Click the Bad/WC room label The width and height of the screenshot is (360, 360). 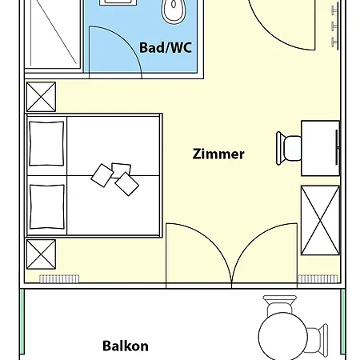pyautogui.click(x=166, y=48)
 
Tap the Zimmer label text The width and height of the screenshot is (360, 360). pyautogui.click(x=218, y=154)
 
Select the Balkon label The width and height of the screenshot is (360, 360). pyautogui.click(x=126, y=346)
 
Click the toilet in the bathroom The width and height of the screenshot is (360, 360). pyautogui.click(x=174, y=10)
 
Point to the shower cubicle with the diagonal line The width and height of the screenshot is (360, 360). pyautogui.click(x=53, y=34)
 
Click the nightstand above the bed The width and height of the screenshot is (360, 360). pyautogui.click(x=41, y=97)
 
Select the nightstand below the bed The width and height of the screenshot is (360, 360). pyautogui.click(x=41, y=254)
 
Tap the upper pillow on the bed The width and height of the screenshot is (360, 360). pyautogui.click(x=46, y=143)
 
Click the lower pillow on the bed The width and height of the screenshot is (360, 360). pyautogui.click(x=47, y=206)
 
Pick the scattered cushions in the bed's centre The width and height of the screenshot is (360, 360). pyautogui.click(x=115, y=178)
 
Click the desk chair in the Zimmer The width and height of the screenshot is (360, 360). pyautogui.click(x=289, y=148)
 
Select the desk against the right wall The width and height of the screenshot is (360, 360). pyautogui.click(x=320, y=148)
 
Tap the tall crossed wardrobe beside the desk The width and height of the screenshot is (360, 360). pyautogui.click(x=320, y=220)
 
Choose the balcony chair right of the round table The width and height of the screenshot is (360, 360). pyautogui.click(x=318, y=340)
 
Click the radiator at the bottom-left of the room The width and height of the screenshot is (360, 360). pyautogui.click(x=59, y=279)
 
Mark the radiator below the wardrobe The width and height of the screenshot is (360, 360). pyautogui.click(x=318, y=279)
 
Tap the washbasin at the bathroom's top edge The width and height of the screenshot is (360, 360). pyautogui.click(x=118, y=2)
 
